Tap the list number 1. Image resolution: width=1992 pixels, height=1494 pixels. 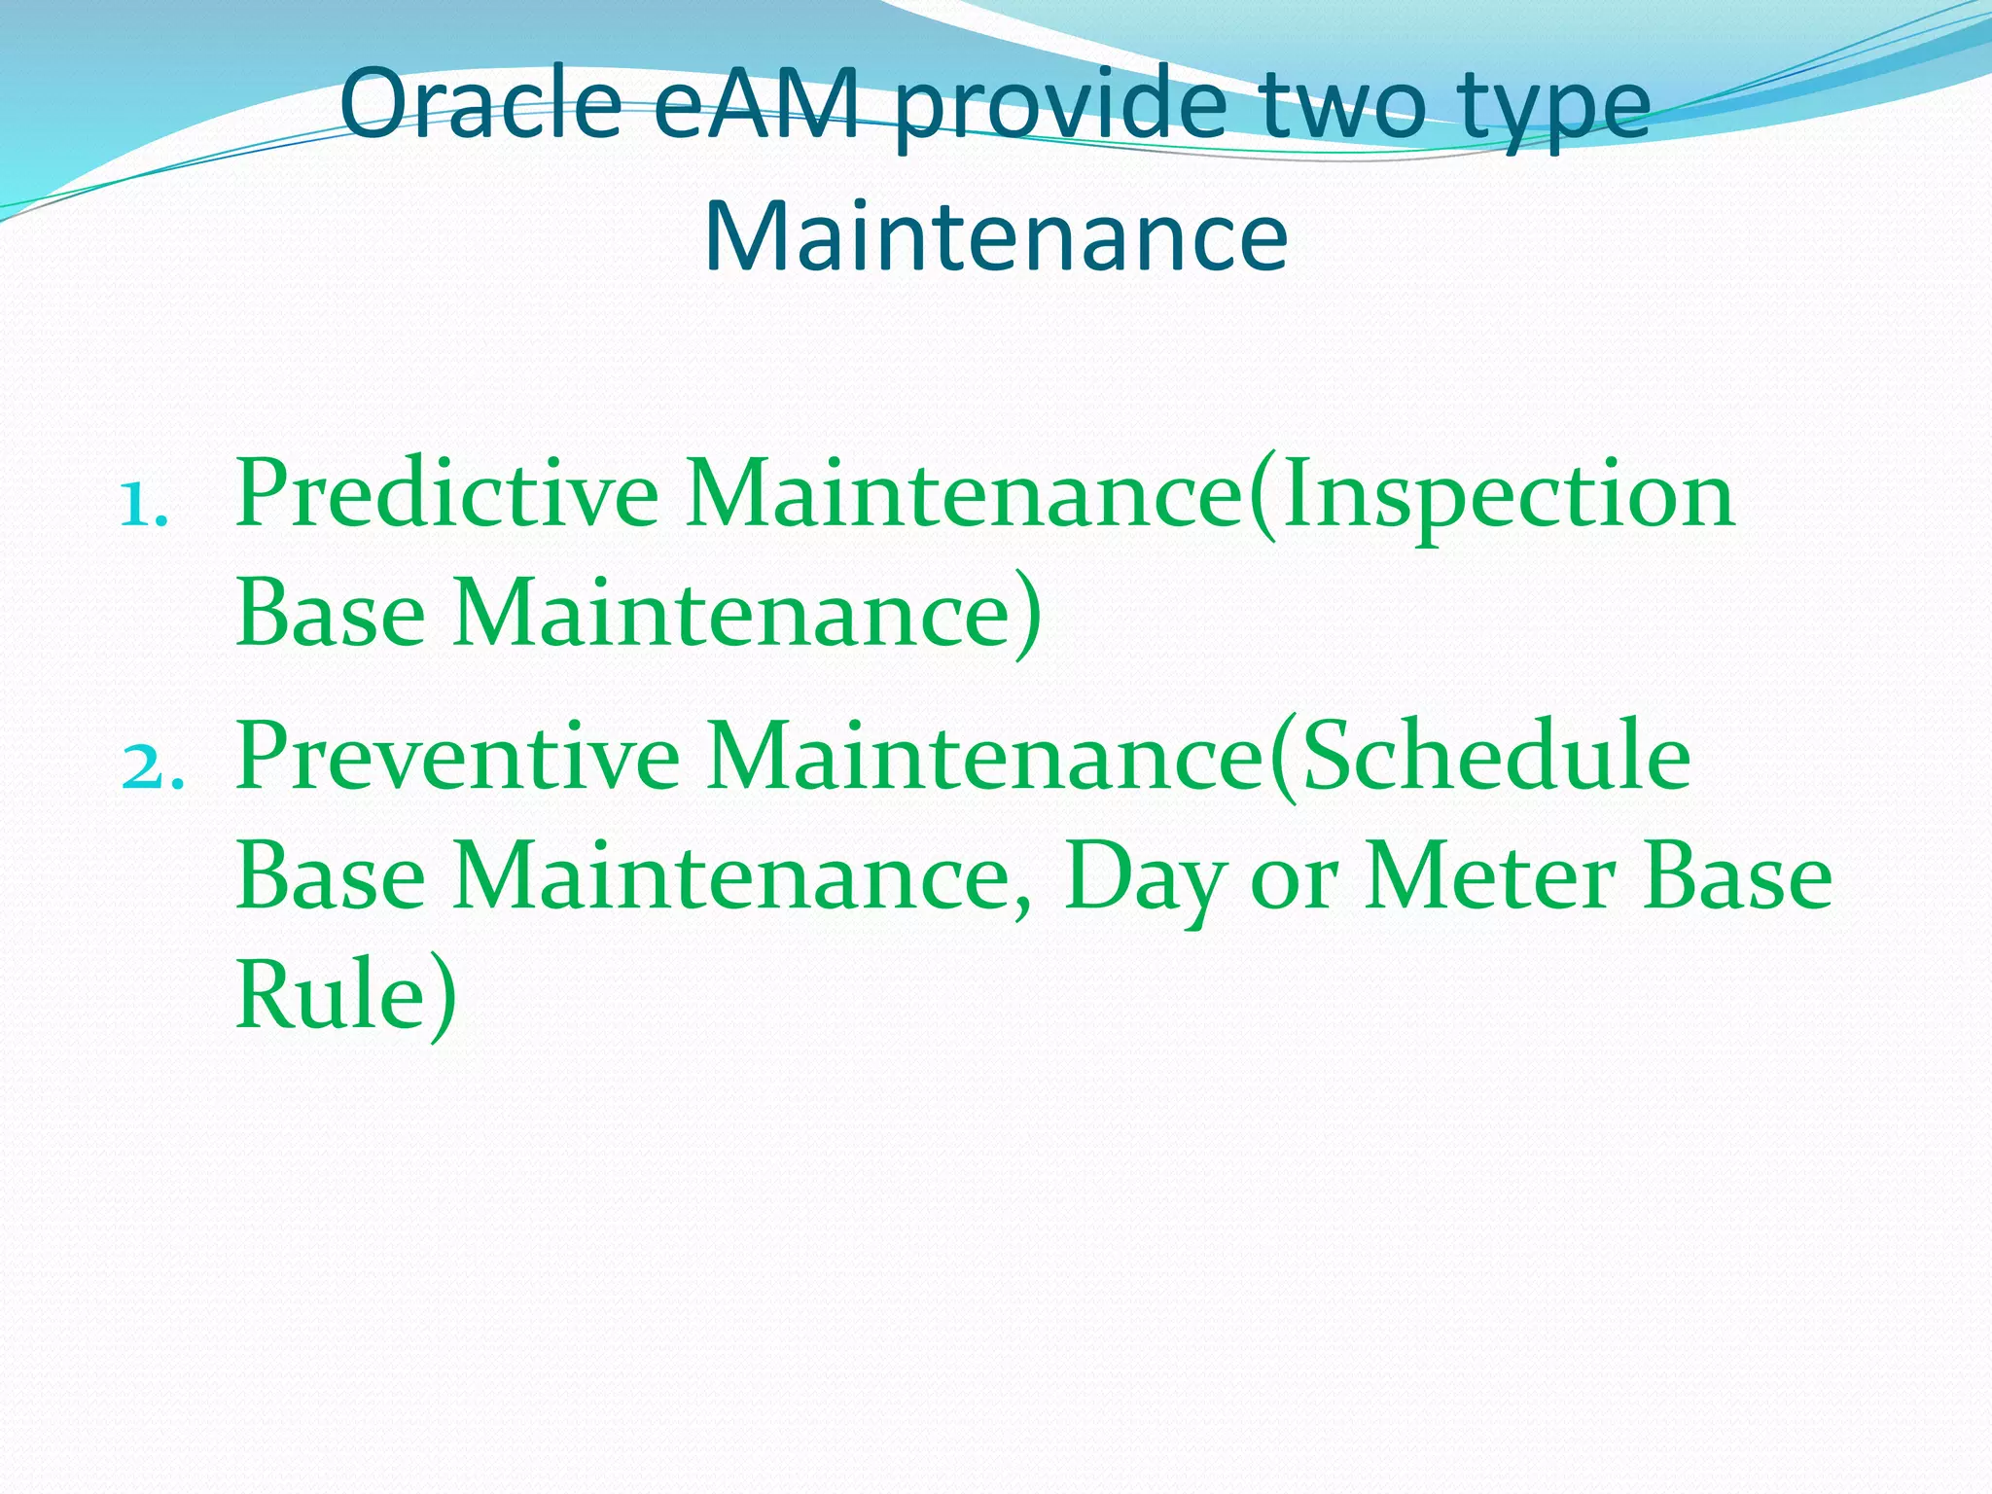pyautogui.click(x=144, y=505)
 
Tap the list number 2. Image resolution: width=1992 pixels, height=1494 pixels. pyautogui.click(x=152, y=766)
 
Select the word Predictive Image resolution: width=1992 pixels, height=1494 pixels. pyautogui.click(x=446, y=494)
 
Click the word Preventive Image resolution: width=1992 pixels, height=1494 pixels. pyautogui.click(x=457, y=756)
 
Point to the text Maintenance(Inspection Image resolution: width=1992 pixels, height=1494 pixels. pyautogui.click(x=1210, y=494)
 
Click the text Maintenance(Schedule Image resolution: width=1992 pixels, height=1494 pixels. pyautogui.click(x=1198, y=756)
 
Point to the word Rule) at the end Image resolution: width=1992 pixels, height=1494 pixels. pyautogui.click(x=345, y=995)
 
